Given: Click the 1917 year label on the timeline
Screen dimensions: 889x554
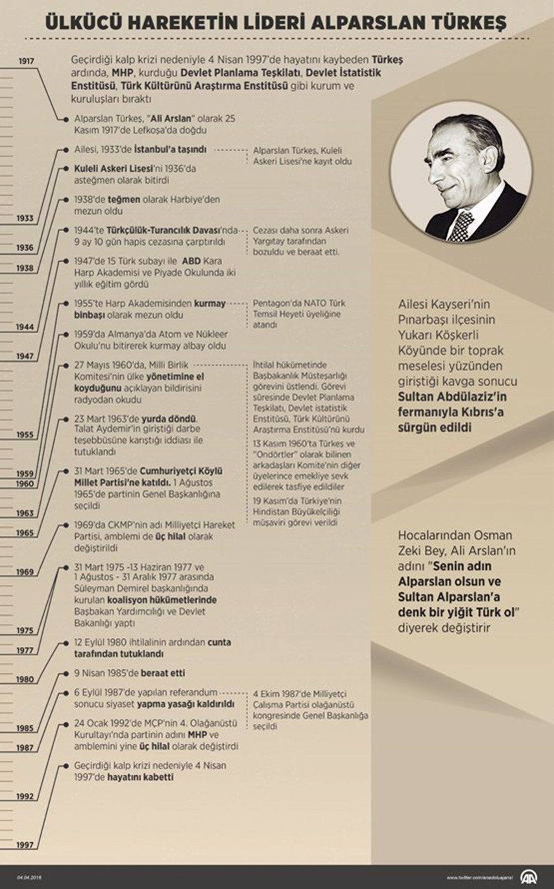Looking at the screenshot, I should click(26, 61).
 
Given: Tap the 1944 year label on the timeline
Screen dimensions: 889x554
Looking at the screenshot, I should click(25, 327).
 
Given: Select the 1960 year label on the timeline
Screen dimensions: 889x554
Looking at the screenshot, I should click(25, 484).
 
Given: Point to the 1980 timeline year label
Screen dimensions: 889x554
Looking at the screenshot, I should click(25, 679).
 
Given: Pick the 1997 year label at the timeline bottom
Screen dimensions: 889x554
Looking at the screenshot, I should click(25, 845).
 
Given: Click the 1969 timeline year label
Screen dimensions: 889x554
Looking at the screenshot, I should click(25, 571).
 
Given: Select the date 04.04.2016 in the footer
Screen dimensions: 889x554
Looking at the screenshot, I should click(29, 877).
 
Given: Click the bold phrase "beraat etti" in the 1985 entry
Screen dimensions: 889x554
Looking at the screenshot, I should click(163, 673).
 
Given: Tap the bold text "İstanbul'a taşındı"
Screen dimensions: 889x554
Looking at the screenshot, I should click(170, 150).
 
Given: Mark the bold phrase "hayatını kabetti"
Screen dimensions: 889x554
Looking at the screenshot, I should click(140, 777).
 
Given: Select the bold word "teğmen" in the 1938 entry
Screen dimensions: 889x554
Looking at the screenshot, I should click(124, 200).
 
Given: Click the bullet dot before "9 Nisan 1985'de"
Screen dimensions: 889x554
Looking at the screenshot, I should click(66, 673).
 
